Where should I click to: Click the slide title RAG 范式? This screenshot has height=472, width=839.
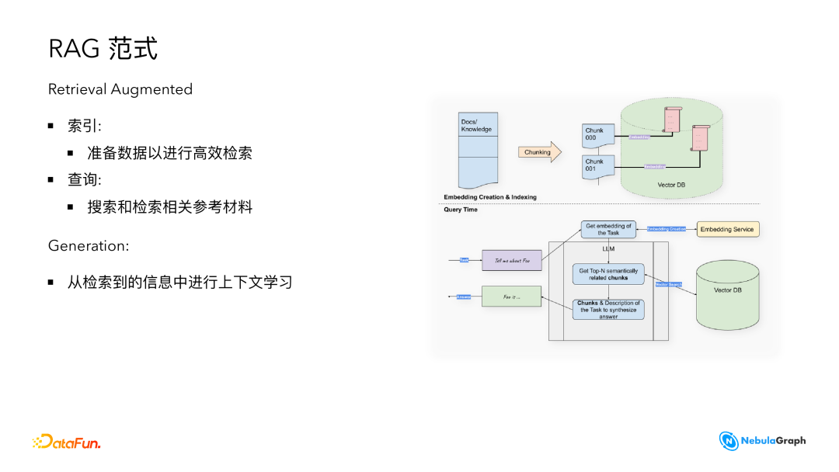click(103, 49)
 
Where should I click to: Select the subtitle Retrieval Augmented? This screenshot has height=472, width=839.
click(120, 89)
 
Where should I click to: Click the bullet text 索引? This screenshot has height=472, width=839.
click(85, 127)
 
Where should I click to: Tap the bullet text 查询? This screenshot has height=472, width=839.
click(85, 179)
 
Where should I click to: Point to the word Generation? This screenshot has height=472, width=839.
click(89, 245)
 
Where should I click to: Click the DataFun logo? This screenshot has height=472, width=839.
click(67, 442)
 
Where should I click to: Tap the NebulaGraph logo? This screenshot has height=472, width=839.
click(762, 441)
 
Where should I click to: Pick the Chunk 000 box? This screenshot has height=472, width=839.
click(598, 136)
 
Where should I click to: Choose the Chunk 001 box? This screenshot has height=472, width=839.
click(598, 166)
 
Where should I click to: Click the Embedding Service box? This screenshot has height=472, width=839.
click(727, 229)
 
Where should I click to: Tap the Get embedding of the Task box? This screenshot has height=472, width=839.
click(608, 230)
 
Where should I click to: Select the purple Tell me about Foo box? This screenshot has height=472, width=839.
click(511, 260)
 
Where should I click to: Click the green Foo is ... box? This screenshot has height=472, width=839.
click(511, 297)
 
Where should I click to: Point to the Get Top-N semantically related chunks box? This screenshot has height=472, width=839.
click(608, 274)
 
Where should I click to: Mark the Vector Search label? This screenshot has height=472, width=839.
click(668, 284)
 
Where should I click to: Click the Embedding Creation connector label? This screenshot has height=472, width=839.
click(667, 229)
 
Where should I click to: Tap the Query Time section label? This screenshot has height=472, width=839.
click(461, 210)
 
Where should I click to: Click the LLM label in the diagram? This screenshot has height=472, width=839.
click(608, 249)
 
